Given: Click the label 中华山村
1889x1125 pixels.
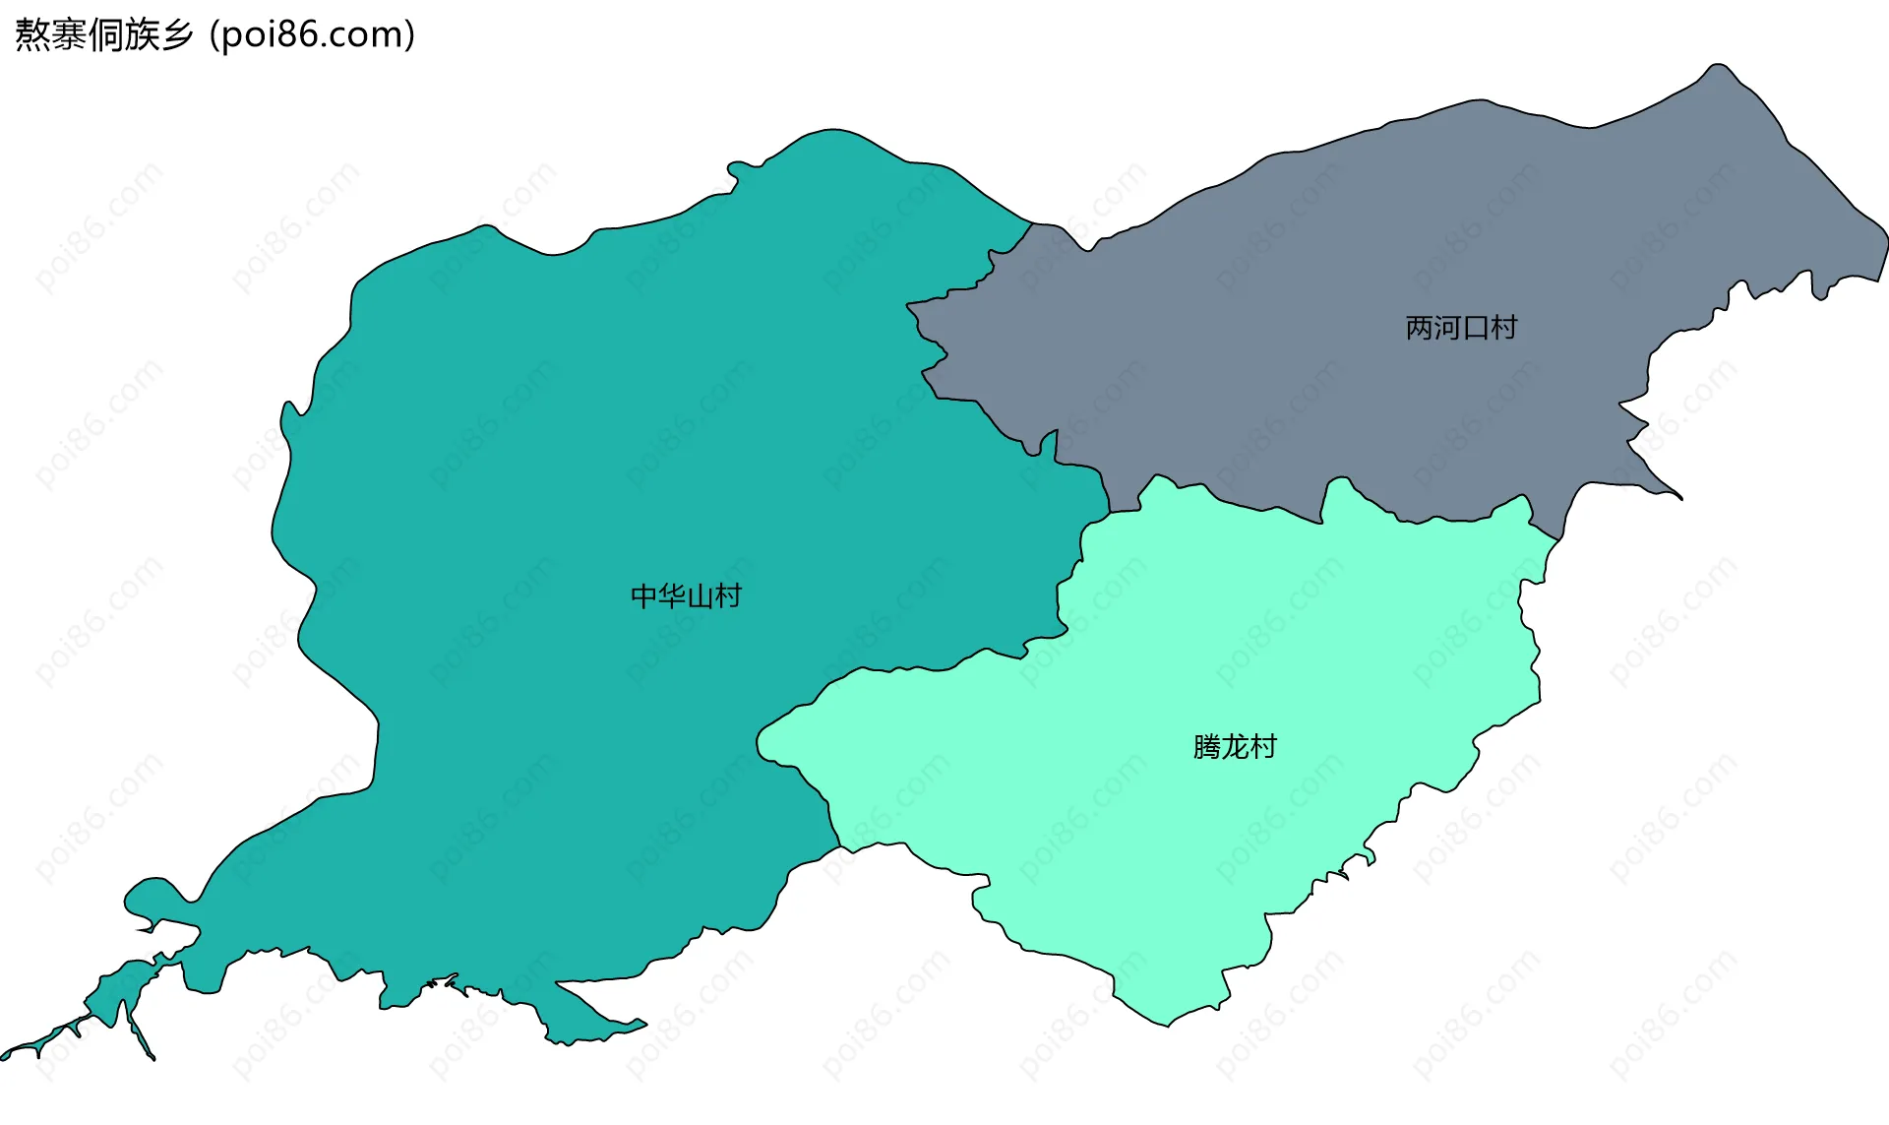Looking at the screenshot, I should pyautogui.click(x=686, y=596).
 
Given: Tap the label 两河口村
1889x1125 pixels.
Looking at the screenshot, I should pyautogui.click(x=1461, y=328).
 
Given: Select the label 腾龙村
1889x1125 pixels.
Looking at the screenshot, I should pyautogui.click(x=1235, y=747).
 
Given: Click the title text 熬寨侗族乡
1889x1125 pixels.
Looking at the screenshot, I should pyautogui.click(x=103, y=35).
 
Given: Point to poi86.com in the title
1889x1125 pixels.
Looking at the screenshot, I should pyautogui.click(x=313, y=35).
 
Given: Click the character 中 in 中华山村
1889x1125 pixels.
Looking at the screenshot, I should pyautogui.click(x=644, y=596).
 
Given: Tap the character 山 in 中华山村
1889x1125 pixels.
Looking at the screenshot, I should pyautogui.click(x=700, y=596).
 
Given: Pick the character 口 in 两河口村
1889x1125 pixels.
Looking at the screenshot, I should pyautogui.click(x=1476, y=328).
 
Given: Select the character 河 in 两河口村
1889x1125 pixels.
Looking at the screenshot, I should pyautogui.click(x=1447, y=328).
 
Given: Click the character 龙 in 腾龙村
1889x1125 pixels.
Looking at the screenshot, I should pyautogui.click(x=1235, y=747).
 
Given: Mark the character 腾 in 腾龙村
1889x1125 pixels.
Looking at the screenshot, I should pyautogui.click(x=1207, y=747).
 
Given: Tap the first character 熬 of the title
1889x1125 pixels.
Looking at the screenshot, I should pyautogui.click(x=32, y=35).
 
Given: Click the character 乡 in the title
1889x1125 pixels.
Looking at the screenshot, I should pyautogui.click(x=178, y=35).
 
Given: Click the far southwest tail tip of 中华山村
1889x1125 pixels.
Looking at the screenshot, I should pyautogui.click(x=4, y=1056).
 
